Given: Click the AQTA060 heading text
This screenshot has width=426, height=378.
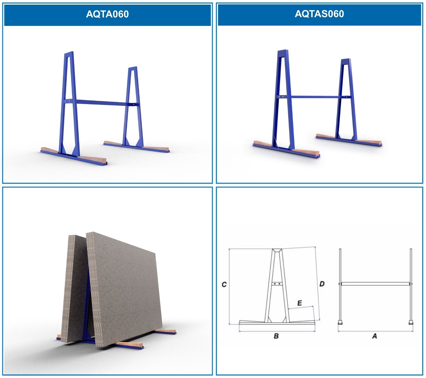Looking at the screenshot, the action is click(x=107, y=14).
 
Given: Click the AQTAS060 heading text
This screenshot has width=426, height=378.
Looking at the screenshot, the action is click(x=319, y=14).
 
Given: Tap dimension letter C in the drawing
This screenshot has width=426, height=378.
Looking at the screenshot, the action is click(x=224, y=285).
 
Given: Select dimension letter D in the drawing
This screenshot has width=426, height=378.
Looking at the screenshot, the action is click(x=322, y=284).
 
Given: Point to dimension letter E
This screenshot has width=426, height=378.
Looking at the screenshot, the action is click(x=300, y=303).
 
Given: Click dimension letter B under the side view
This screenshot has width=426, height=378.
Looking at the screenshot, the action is click(x=276, y=336).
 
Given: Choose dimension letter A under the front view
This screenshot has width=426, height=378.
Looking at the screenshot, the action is click(x=374, y=336).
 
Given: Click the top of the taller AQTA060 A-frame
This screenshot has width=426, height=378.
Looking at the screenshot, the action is click(x=69, y=53).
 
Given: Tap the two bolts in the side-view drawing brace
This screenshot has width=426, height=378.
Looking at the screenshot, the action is click(x=277, y=284).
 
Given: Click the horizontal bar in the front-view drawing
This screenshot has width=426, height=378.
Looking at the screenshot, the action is click(x=375, y=284).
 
